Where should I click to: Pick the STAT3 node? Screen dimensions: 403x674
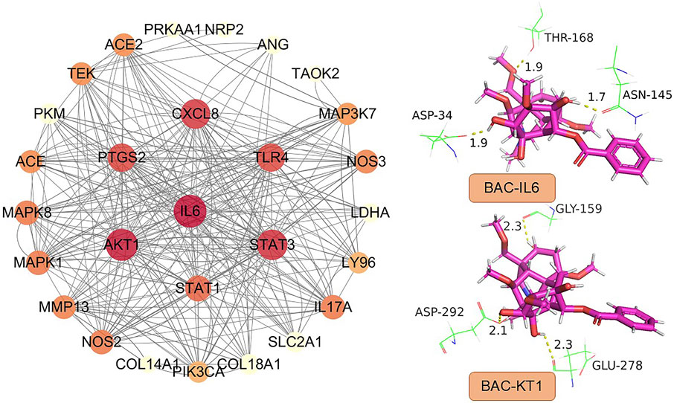coord(267,245)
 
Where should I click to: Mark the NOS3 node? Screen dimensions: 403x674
coord(365,161)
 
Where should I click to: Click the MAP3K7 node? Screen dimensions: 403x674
coord(347,113)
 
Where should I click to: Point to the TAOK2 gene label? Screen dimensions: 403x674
coord(316,74)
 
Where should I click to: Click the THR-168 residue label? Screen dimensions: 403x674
coord(569,36)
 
